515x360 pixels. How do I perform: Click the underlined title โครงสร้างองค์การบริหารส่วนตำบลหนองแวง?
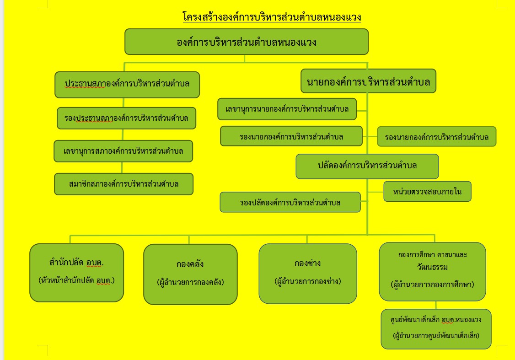click(x=272, y=16)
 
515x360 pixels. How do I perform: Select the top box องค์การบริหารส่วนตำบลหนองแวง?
click(x=247, y=42)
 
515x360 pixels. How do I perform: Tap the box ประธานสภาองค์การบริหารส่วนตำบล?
click(x=127, y=85)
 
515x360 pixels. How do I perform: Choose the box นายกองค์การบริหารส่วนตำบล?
click(x=368, y=81)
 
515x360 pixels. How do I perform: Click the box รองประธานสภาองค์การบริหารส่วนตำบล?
click(x=126, y=118)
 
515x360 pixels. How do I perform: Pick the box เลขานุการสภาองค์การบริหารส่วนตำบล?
click(x=123, y=151)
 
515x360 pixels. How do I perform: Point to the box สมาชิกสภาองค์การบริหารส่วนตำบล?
click(x=124, y=184)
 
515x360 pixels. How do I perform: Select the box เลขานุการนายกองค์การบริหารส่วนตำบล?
click(x=287, y=109)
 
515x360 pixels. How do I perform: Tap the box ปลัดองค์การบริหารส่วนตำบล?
click(x=367, y=166)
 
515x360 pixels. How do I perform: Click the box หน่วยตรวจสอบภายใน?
click(x=427, y=191)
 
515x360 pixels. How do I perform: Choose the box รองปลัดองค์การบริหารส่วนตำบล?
click(x=290, y=202)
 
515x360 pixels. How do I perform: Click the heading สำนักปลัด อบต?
click(x=76, y=263)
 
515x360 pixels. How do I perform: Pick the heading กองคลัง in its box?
click(x=190, y=264)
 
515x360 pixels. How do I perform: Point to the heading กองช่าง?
click(x=307, y=263)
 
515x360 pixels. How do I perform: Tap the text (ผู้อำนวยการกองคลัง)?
click(x=191, y=282)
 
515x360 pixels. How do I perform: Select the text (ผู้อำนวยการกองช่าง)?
click(x=308, y=281)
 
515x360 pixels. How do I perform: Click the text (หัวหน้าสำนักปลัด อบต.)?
click(x=76, y=280)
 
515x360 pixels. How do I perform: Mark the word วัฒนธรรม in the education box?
click(x=432, y=267)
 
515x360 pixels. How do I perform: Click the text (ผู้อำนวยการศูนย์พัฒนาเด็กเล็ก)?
click(x=436, y=336)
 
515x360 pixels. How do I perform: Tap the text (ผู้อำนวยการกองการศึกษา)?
click(x=433, y=285)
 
